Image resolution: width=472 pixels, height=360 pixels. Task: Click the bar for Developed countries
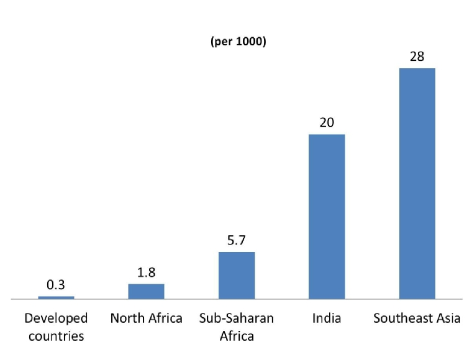tap(56, 297)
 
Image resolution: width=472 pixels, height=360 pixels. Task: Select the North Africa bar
tap(146, 291)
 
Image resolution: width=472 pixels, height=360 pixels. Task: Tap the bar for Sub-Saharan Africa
tap(237, 275)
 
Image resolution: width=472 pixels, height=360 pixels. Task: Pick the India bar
tap(327, 216)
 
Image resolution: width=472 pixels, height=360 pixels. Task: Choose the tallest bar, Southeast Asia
tap(417, 183)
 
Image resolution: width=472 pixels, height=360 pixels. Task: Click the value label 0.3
tap(56, 285)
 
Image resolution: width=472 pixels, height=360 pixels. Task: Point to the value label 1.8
tap(146, 272)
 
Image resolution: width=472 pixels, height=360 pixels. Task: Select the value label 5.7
tap(237, 240)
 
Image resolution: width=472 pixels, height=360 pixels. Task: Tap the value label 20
tap(327, 123)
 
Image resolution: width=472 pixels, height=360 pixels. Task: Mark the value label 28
tap(417, 56)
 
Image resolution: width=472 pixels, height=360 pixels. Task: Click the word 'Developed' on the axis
tap(56, 318)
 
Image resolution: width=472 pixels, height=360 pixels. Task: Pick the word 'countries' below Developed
tap(56, 336)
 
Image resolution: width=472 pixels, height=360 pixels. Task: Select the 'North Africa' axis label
tap(146, 318)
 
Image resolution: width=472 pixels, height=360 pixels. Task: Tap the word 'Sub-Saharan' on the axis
tap(237, 318)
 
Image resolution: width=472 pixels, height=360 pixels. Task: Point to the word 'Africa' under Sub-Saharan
tap(237, 336)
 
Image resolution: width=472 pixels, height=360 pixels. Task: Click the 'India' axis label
tap(327, 318)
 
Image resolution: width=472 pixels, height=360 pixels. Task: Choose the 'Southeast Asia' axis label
tap(417, 318)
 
